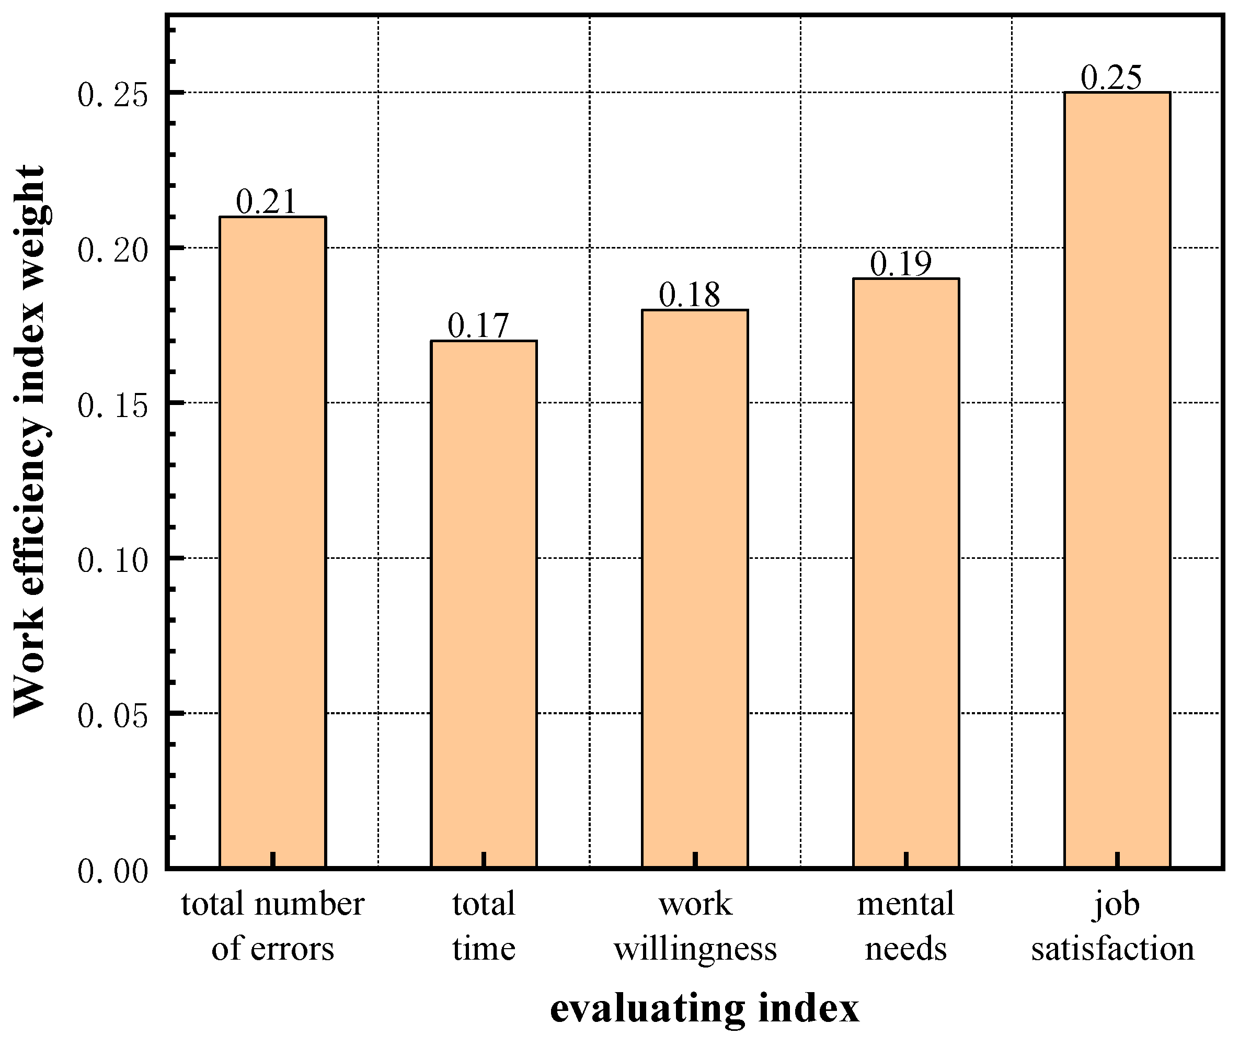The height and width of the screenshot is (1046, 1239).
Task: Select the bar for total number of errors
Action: click(x=272, y=543)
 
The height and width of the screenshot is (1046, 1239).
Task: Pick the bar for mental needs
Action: click(x=906, y=573)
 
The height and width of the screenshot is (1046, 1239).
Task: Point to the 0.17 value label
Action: click(x=478, y=325)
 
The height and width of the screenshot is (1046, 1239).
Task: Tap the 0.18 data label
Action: click(x=689, y=295)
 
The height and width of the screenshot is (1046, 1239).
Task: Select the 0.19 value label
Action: click(x=901, y=263)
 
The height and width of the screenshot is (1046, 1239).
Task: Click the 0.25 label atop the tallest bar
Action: click(x=1111, y=77)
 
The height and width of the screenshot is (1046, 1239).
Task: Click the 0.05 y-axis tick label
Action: click(x=112, y=716)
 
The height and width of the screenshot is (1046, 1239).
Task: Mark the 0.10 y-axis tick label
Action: click(x=112, y=560)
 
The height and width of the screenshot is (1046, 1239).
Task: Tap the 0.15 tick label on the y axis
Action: click(x=112, y=406)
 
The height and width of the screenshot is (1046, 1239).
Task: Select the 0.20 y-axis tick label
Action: click(x=112, y=250)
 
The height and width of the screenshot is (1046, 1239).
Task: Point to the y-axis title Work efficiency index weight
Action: click(x=30, y=442)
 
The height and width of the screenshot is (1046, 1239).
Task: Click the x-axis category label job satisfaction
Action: click(x=1113, y=926)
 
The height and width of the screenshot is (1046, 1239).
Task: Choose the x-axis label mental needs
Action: click(x=905, y=926)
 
